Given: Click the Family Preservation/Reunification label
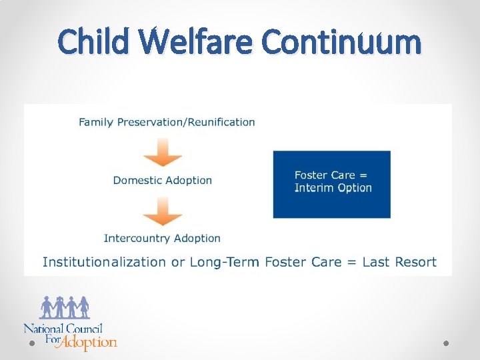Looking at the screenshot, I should tap(167, 122).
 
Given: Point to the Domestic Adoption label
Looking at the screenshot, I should tap(163, 180).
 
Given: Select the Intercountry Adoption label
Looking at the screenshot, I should tap(162, 238).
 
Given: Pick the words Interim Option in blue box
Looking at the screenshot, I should tap(333, 188).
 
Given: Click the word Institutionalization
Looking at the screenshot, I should tap(105, 262).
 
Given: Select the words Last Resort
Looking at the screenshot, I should tap(399, 262).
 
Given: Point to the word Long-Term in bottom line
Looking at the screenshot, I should tap(225, 262).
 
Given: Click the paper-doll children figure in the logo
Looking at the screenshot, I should tap(65, 307).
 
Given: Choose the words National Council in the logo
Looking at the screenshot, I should tap(63, 328).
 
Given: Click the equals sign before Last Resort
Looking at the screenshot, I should tap(352, 263).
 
